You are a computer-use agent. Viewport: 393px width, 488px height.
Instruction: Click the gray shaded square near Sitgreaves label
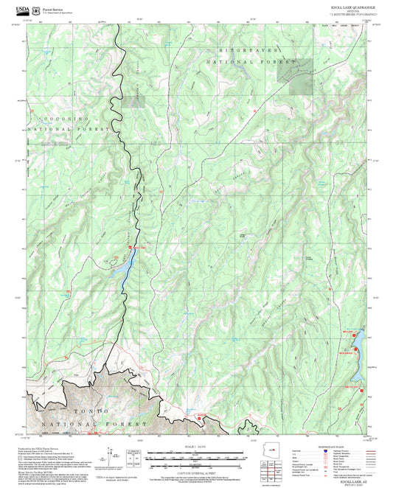click(299, 86)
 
